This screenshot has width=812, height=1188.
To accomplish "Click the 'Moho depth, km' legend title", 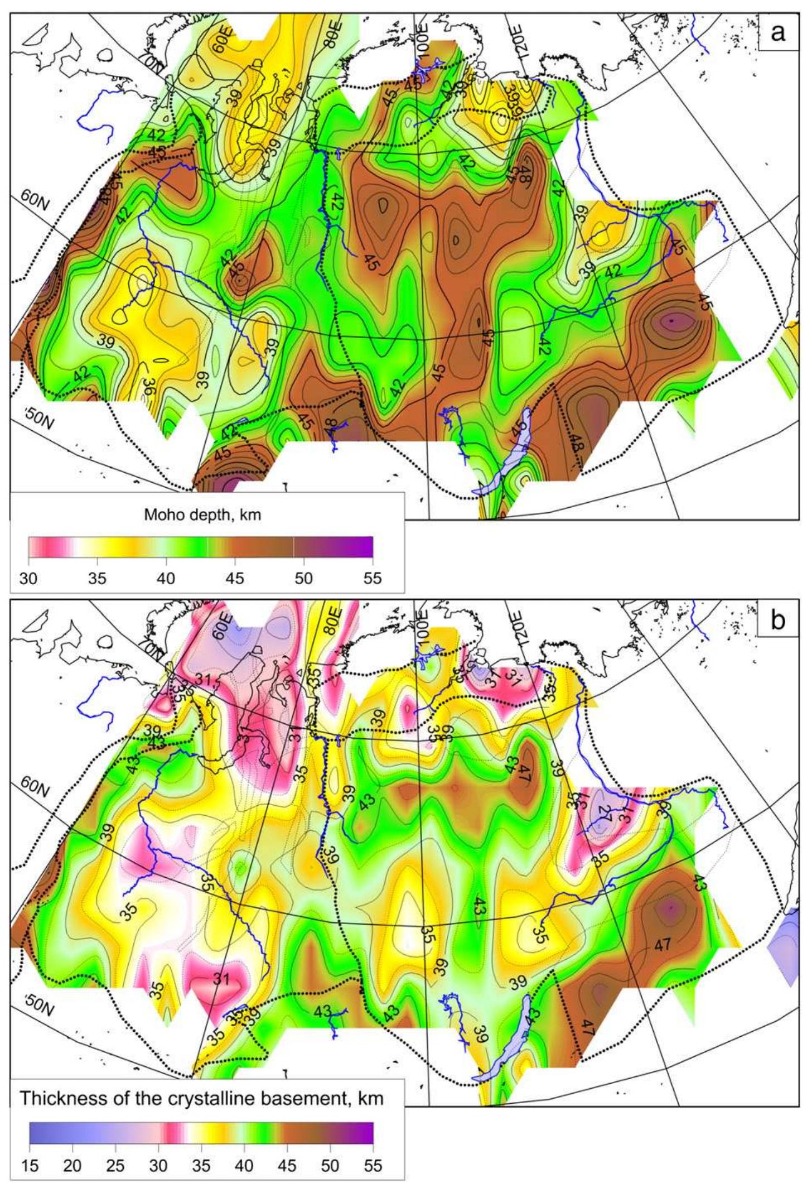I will click(x=202, y=515).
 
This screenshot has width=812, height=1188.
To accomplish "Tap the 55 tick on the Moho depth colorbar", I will click(x=373, y=578).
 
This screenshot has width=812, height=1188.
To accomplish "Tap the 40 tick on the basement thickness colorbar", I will click(x=244, y=1166).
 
